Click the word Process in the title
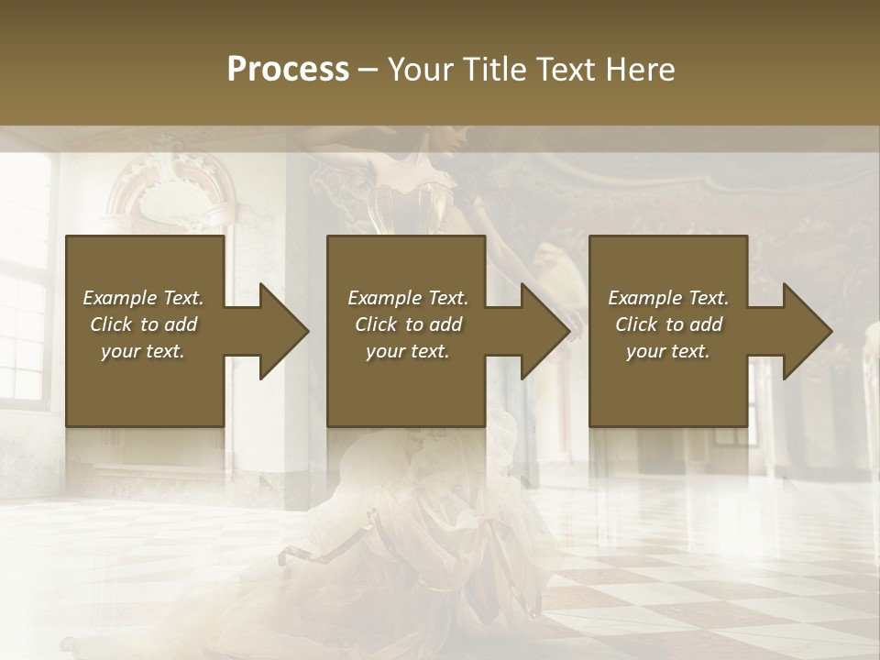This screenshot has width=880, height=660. coord(288,70)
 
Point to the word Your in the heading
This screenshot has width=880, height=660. coord(421,70)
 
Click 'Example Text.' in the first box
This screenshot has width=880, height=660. coord(143,298)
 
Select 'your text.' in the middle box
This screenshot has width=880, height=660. coord(407,351)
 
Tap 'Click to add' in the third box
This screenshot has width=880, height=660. coord(668,324)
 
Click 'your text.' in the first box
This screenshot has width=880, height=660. coord(143,351)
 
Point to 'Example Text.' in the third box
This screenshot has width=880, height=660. coord(668,298)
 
